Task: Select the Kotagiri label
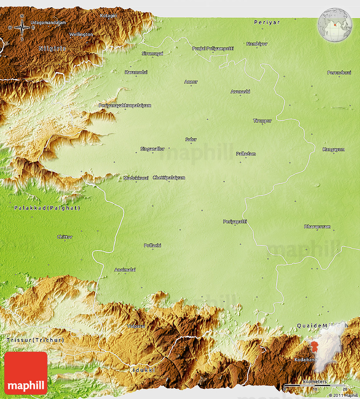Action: tap(108, 16)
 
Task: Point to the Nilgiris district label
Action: tap(53, 48)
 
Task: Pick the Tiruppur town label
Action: tap(262, 121)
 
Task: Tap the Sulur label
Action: tap(191, 139)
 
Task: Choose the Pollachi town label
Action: tap(152, 245)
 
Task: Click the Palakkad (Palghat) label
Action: tap(47, 208)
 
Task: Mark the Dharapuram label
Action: tap(317, 227)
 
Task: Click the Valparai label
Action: tap(136, 326)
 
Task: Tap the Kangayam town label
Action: tap(334, 149)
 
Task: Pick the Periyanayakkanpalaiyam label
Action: tap(125, 105)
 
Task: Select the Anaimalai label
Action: tap(125, 270)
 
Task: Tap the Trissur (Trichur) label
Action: tap(35, 340)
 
